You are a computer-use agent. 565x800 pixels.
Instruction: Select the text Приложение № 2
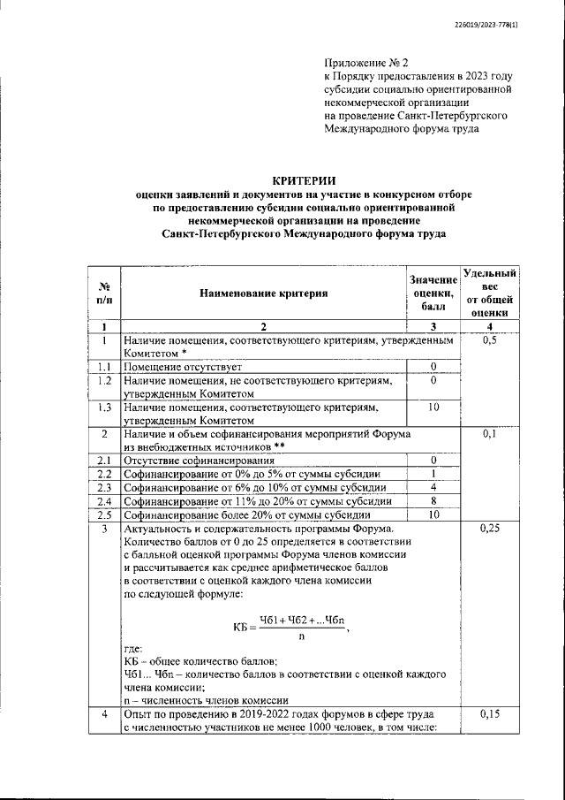click(x=366, y=64)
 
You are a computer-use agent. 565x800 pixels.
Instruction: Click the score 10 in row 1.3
click(x=433, y=408)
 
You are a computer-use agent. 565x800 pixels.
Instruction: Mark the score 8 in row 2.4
click(x=433, y=500)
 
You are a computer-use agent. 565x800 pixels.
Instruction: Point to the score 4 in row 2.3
click(x=433, y=487)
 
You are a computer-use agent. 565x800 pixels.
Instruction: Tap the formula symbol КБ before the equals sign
click(x=244, y=627)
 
